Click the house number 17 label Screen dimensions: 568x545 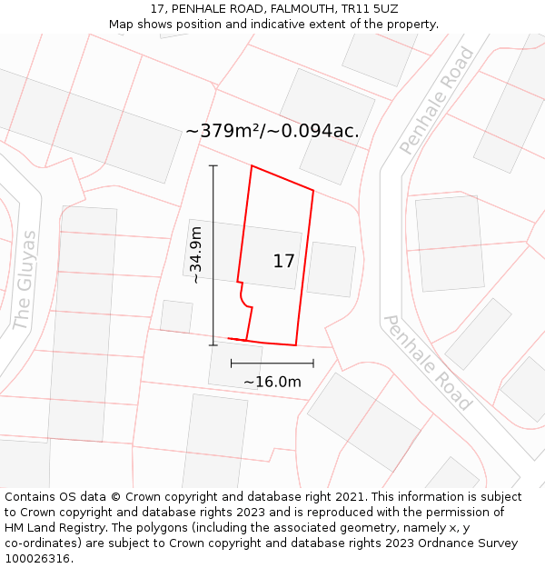click(284, 262)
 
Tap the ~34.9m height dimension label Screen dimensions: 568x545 click(196, 255)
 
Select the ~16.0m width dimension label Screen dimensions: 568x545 click(272, 382)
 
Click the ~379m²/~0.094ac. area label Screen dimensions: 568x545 click(272, 131)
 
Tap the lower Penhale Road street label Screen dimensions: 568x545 click(427, 363)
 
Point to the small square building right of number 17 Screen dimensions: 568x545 click(331, 269)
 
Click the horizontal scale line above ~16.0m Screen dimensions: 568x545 click(272, 364)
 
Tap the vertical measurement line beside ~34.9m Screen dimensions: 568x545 click(213, 255)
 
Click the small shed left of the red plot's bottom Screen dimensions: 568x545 click(176, 316)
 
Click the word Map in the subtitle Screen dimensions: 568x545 click(123, 24)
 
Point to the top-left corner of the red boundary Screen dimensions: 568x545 click(252, 166)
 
